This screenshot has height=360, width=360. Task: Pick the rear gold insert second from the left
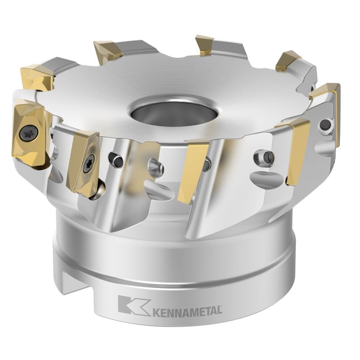pyautogui.click(x=108, y=52)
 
